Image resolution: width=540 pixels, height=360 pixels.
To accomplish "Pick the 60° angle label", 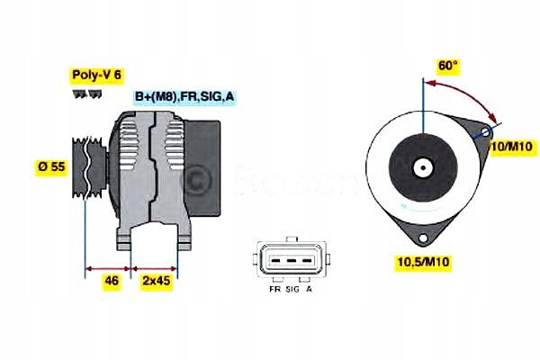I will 447,66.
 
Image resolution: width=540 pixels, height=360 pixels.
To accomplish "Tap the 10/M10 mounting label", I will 512,146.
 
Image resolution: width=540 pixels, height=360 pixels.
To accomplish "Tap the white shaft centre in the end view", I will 421,167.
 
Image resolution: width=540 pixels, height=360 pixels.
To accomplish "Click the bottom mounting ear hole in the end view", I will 424,238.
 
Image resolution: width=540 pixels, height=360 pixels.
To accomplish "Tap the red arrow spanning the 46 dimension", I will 108,267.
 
